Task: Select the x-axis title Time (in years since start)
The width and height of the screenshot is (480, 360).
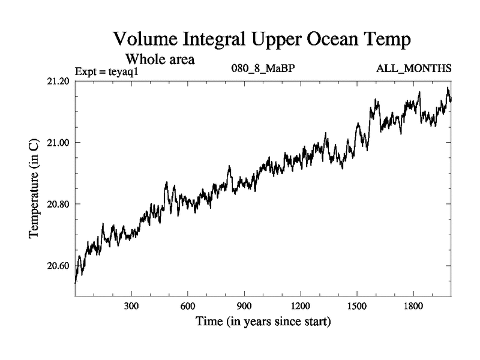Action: [x=263, y=322]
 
